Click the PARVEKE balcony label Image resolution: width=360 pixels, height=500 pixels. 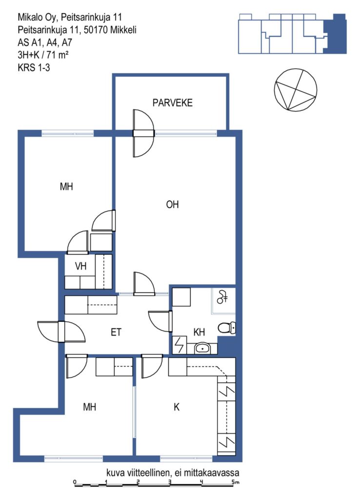pos(172,103)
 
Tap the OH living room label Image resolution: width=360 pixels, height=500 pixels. pos(172,205)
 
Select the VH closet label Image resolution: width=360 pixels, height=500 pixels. pos(80,266)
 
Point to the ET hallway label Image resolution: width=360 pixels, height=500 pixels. pos(116,332)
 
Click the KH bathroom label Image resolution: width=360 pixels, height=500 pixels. pos(199,332)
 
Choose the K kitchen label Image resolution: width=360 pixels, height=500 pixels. pos(177,407)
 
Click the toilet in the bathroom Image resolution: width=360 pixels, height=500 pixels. pos(227,327)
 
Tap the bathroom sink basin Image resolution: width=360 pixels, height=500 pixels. pos(202,348)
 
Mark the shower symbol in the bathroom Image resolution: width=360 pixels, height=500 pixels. pos(222,297)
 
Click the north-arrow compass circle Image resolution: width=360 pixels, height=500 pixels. pos(296,90)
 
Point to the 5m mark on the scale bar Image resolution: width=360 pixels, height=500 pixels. pos(235,482)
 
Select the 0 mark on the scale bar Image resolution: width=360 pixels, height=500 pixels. pos(75,482)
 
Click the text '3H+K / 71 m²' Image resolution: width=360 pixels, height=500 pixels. pos(43,55)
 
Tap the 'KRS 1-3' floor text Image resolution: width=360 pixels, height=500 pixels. pos(34,67)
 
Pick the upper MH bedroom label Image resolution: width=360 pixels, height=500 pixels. pos(66,186)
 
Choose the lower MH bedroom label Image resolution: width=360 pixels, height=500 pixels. pos(90,407)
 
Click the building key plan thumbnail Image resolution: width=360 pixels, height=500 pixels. pos(292,34)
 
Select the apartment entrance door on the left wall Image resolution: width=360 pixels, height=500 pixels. pos(61,332)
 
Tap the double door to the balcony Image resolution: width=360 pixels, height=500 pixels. pos(143,133)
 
